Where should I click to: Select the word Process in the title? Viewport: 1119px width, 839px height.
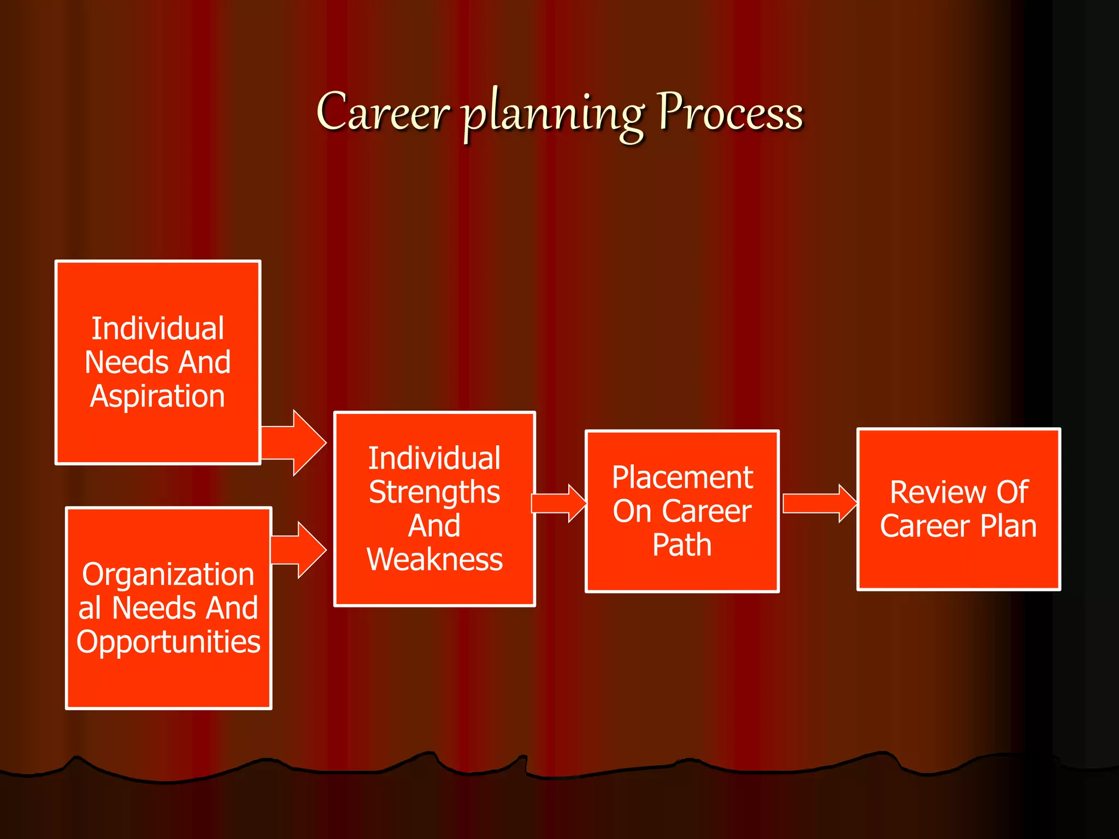click(730, 112)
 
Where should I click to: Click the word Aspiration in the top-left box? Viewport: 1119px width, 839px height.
click(157, 397)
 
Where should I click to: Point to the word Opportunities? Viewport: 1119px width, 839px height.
click(168, 642)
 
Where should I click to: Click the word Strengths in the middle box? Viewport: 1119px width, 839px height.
click(434, 493)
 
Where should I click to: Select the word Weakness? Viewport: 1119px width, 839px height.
click(434, 560)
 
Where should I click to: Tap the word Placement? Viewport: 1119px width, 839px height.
click(682, 478)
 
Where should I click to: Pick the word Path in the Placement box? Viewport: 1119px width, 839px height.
click(682, 545)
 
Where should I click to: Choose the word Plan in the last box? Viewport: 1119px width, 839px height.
click(1008, 527)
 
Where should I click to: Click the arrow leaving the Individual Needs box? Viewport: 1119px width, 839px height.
click(293, 442)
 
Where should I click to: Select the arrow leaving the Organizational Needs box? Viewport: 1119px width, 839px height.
click(298, 550)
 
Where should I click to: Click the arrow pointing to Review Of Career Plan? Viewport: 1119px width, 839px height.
click(818, 503)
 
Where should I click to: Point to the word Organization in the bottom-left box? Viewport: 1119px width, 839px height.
click(168, 575)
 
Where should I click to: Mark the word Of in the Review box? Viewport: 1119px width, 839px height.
click(1012, 493)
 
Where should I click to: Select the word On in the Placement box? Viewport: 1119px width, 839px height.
click(632, 512)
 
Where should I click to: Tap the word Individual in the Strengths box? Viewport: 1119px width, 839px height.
click(434, 459)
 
